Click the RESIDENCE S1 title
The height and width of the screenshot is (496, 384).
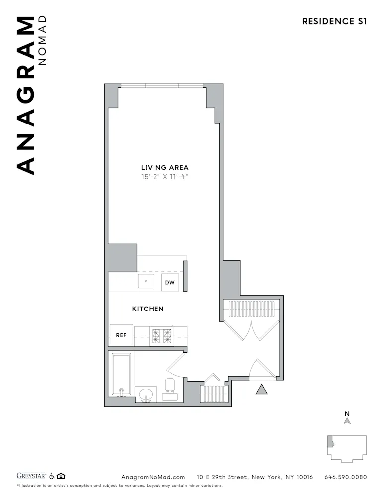coord(334,21)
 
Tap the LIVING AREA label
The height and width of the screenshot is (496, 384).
coord(164,167)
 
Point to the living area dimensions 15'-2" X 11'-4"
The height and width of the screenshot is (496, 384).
coord(164,177)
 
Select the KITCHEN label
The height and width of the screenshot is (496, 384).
coord(148,309)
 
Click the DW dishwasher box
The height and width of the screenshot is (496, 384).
coord(170,282)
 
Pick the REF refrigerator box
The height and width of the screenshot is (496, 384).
coord(121,335)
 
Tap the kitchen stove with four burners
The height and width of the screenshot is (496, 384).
coord(161,336)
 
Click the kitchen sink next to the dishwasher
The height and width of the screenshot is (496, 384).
coord(147,282)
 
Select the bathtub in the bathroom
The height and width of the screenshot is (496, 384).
coord(121,374)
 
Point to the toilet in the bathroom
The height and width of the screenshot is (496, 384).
coord(170,389)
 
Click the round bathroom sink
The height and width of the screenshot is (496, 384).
coord(146,395)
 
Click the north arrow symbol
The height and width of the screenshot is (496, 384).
coord(347,421)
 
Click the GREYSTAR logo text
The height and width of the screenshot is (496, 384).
coord(32,477)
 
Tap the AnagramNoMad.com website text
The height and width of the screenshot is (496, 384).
coord(153,477)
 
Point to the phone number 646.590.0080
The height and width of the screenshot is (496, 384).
coord(345,477)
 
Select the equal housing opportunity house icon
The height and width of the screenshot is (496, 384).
coord(61,477)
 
